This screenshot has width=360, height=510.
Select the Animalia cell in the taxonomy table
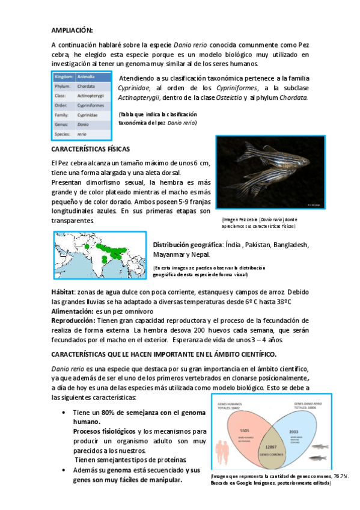87,77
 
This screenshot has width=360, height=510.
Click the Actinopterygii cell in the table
93,96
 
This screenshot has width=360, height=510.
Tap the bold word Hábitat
63,292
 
